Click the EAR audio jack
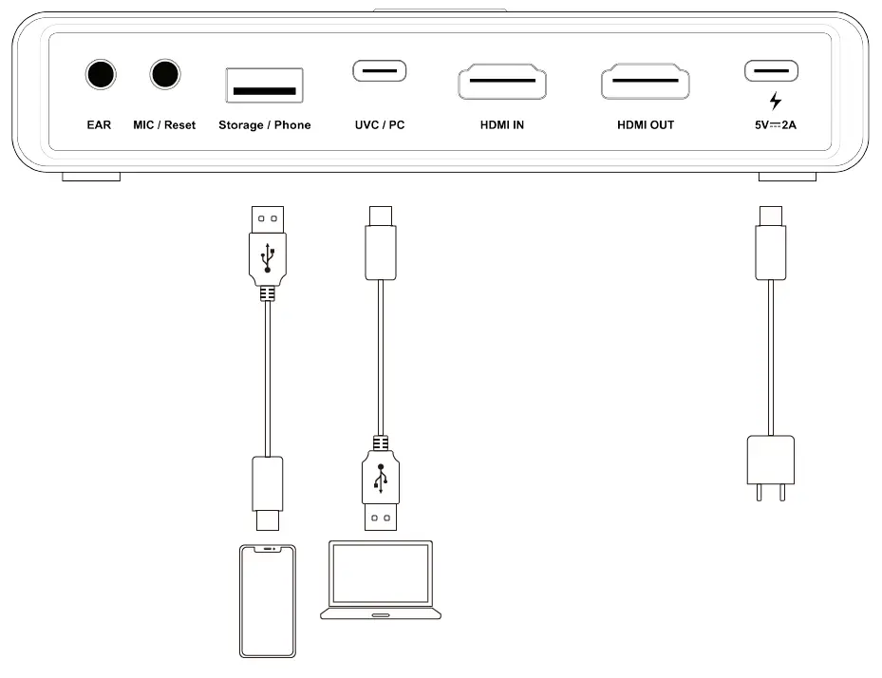click(100, 74)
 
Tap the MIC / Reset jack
click(165, 74)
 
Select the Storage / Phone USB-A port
click(264, 85)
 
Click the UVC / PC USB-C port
click(379, 71)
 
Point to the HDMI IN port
click(502, 82)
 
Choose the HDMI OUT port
click(645, 82)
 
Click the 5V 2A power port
click(771, 71)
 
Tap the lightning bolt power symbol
click(776, 101)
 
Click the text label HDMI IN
click(502, 125)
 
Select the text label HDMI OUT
click(646, 125)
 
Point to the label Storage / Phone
click(264, 125)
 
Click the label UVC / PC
click(379, 125)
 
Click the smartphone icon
click(266, 600)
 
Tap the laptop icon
click(381, 580)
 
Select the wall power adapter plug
click(770, 465)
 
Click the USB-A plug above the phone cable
click(269, 245)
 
